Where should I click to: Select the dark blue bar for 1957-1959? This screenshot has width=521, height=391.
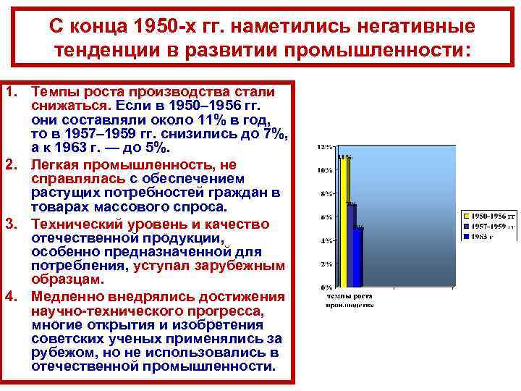(351, 246)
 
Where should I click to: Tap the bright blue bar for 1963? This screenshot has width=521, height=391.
(358, 257)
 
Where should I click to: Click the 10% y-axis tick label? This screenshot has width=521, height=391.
(325, 171)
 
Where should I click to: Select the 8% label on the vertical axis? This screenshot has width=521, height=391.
(326, 194)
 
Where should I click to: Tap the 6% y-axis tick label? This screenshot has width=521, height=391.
(326, 217)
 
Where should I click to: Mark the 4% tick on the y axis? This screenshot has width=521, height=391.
(326, 240)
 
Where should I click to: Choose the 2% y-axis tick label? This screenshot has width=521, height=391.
(326, 264)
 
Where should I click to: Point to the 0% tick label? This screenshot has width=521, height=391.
(326, 287)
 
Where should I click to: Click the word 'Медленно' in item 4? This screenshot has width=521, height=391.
(67, 297)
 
